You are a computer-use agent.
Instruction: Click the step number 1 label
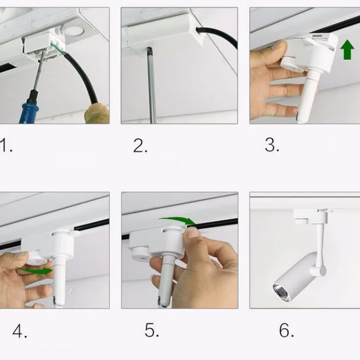pos(6,145)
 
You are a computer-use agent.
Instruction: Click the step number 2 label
pos(140,146)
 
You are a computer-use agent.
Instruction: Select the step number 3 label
pos(272,145)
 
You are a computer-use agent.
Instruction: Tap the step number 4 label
pos(20,331)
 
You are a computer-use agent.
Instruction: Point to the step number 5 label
pos(152,330)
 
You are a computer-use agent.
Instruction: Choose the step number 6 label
pos(286,330)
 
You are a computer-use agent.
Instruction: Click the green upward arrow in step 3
pos(347,49)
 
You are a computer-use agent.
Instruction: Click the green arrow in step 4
pos(35,271)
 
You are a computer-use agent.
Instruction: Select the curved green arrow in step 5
pos(178,220)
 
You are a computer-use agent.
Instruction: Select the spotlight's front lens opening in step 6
pos(282,292)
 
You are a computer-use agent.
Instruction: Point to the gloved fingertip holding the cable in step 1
pos(97,114)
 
